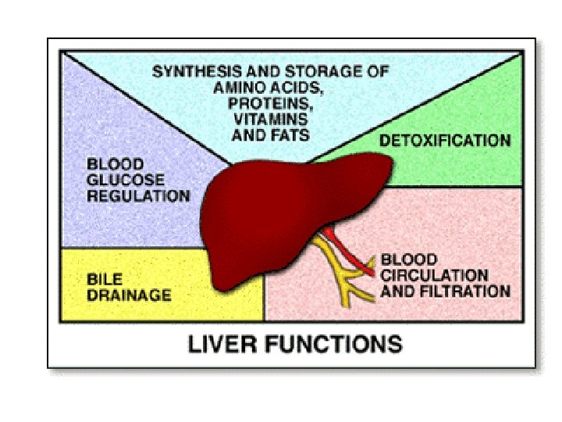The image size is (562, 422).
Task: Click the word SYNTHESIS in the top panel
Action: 188,72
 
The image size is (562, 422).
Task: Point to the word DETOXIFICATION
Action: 444,141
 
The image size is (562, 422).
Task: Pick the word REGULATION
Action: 137,196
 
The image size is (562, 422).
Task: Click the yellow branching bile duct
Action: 340,277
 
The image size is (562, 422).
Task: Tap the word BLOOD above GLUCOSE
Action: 115,165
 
